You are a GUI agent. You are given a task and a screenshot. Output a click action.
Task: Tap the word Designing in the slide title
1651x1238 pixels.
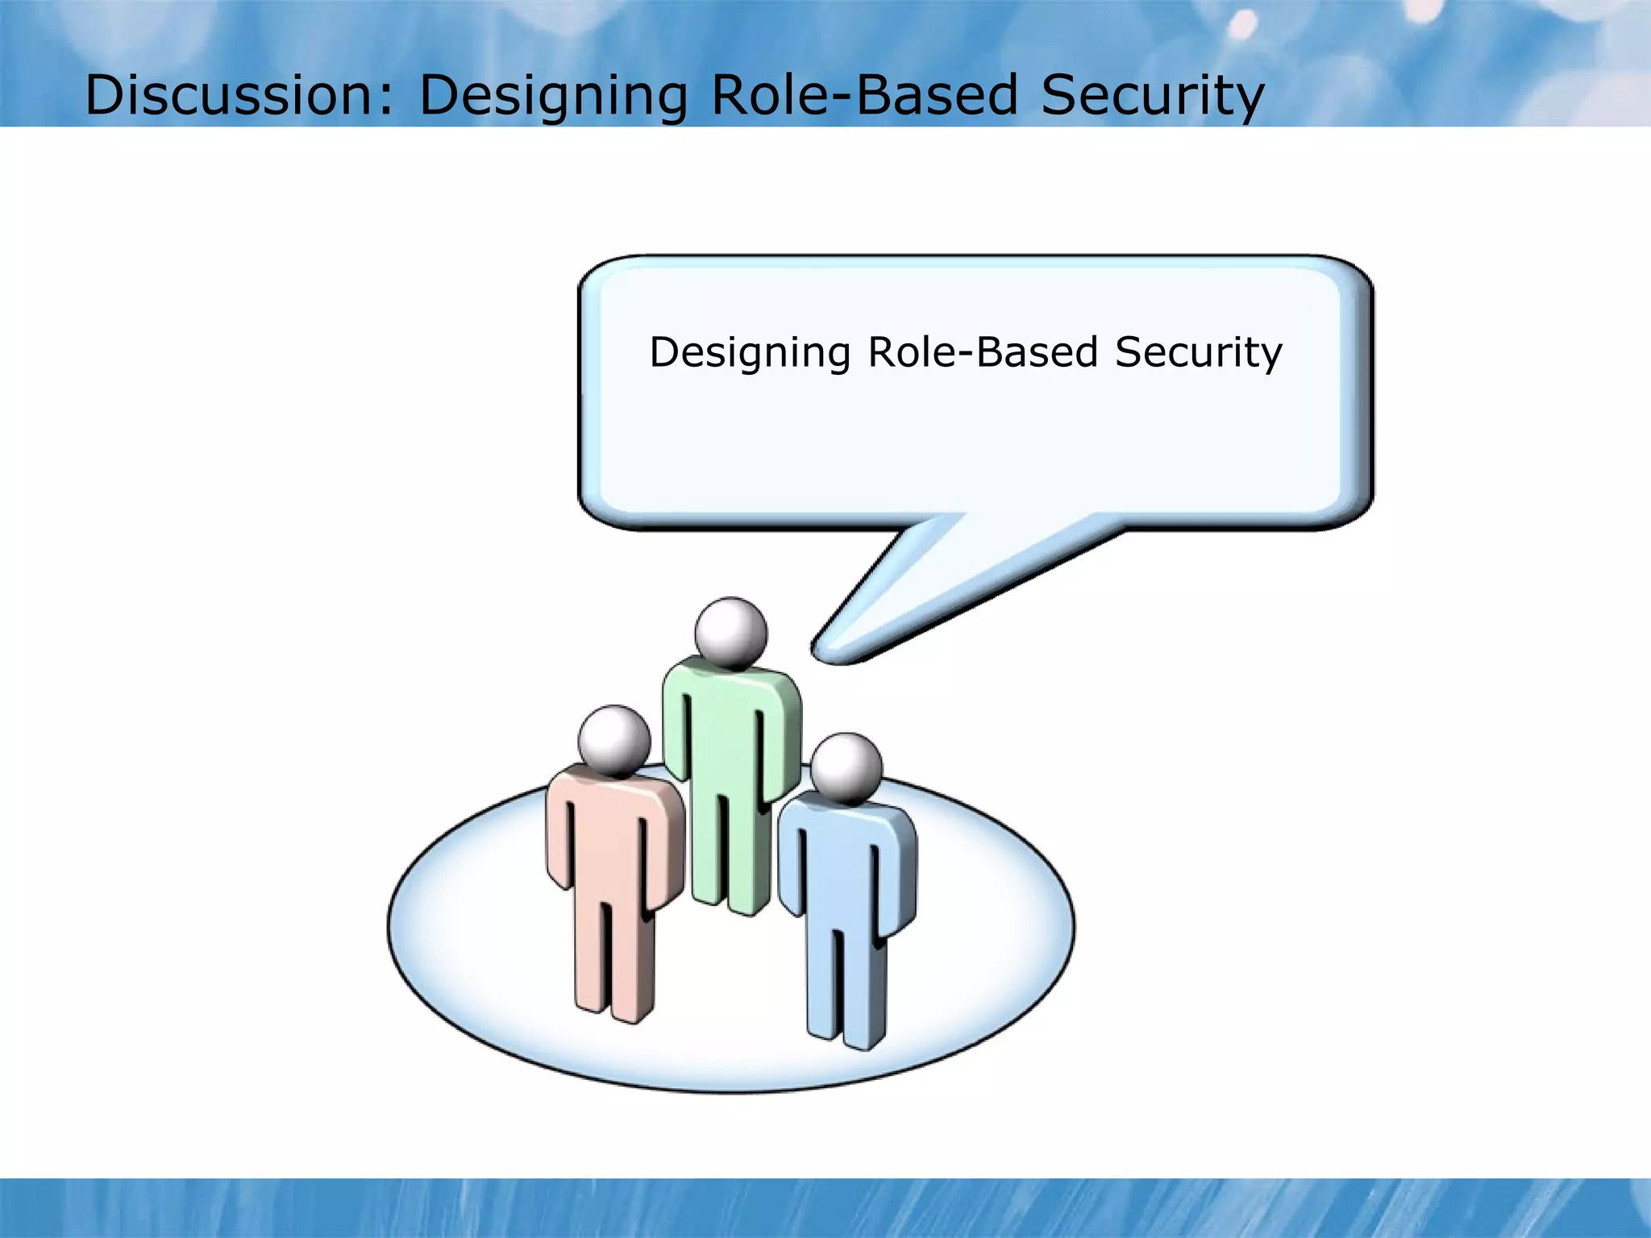(553, 95)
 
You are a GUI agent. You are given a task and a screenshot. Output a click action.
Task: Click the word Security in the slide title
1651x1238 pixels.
(1152, 95)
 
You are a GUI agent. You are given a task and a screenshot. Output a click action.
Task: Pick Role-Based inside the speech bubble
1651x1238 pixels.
(983, 352)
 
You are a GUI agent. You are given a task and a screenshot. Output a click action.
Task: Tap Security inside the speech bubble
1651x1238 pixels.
(1198, 352)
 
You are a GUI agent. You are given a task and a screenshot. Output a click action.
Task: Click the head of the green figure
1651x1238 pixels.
(731, 633)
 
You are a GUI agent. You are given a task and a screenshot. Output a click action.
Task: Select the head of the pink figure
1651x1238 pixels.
(614, 740)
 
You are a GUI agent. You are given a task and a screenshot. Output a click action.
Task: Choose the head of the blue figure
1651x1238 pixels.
(846, 767)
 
